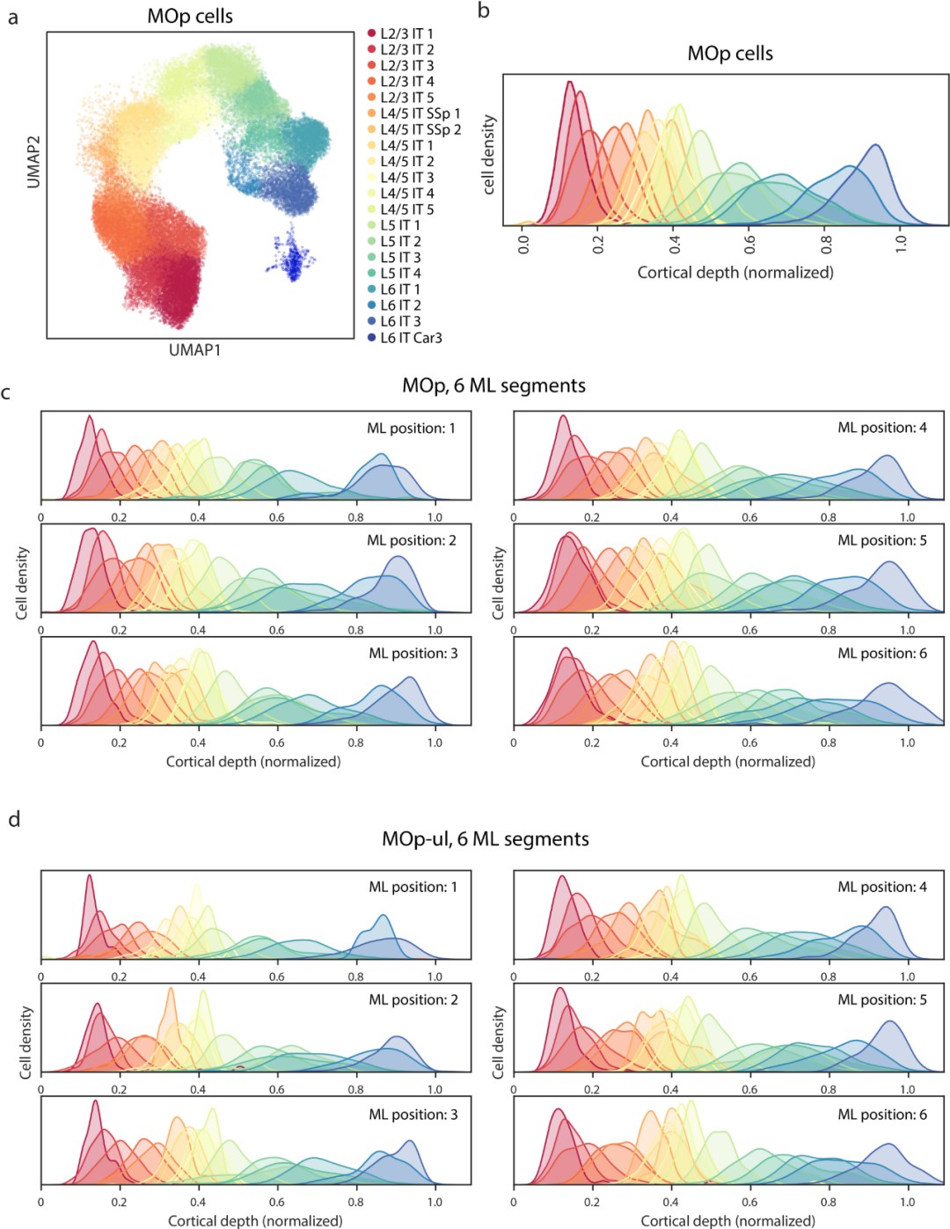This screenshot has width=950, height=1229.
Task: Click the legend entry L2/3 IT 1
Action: pos(406,33)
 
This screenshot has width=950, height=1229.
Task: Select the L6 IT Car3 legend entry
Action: pos(411,338)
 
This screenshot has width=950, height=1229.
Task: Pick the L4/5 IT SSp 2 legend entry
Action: pos(420,129)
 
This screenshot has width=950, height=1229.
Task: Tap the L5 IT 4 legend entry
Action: pos(400,274)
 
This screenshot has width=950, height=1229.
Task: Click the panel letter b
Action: pos(484,11)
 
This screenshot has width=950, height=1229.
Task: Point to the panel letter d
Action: pos(14,820)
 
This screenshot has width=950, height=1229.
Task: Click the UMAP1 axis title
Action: pos(194,350)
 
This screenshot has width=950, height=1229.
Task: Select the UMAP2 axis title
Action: pos(34,161)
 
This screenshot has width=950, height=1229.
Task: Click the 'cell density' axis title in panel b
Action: pos(489,155)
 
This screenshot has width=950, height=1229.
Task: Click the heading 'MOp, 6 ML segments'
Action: pos(493,386)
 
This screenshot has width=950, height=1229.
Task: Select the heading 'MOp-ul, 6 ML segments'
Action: pos(485,839)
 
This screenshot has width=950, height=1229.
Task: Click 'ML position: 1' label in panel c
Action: pos(411,428)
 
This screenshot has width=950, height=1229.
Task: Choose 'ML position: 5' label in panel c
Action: pos(881,540)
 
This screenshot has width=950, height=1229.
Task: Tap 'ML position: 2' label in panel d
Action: pos(413,1000)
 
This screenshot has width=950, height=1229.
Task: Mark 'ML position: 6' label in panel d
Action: pos(881,1115)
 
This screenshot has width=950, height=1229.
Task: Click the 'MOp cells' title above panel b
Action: pos(730,54)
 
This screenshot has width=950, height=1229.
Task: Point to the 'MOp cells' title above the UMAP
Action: pos(190,17)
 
